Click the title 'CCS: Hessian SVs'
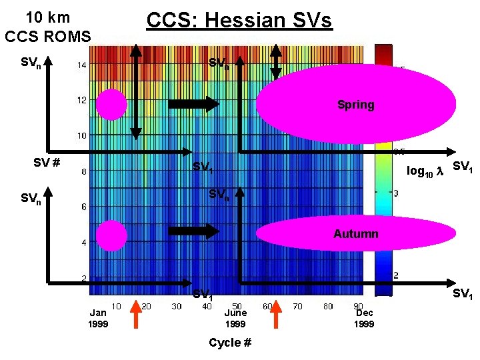coord(239,20)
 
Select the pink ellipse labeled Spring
coord(355,104)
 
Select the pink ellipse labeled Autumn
coord(355,234)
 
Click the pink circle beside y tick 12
coord(111,104)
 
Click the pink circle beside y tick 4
coord(111,235)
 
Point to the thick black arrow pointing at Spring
coord(193,104)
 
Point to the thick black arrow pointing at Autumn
coord(193,231)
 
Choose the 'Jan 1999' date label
coord(98,318)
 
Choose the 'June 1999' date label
coord(235,318)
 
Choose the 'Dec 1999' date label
coord(364,318)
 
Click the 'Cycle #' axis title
coord(230,343)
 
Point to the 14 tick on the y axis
coord(81,65)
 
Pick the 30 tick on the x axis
coord(176,307)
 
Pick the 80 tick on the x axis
coord(327,307)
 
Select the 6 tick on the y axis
coord(83,207)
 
